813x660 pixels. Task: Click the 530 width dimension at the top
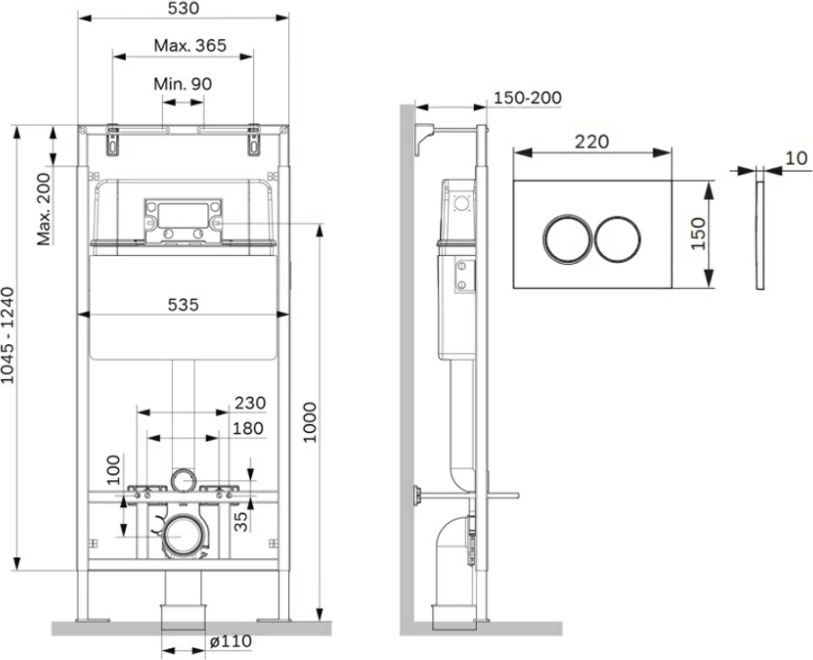(184, 8)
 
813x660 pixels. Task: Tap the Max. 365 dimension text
(191, 46)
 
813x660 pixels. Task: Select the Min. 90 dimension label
(183, 84)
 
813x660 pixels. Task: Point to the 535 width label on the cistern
(183, 304)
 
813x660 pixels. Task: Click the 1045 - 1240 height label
(8, 335)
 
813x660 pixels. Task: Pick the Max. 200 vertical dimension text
(44, 209)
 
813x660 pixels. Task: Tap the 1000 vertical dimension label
(309, 422)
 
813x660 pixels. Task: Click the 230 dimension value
(250, 402)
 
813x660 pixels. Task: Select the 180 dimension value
(248, 428)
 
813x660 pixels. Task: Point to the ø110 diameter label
(232, 641)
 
